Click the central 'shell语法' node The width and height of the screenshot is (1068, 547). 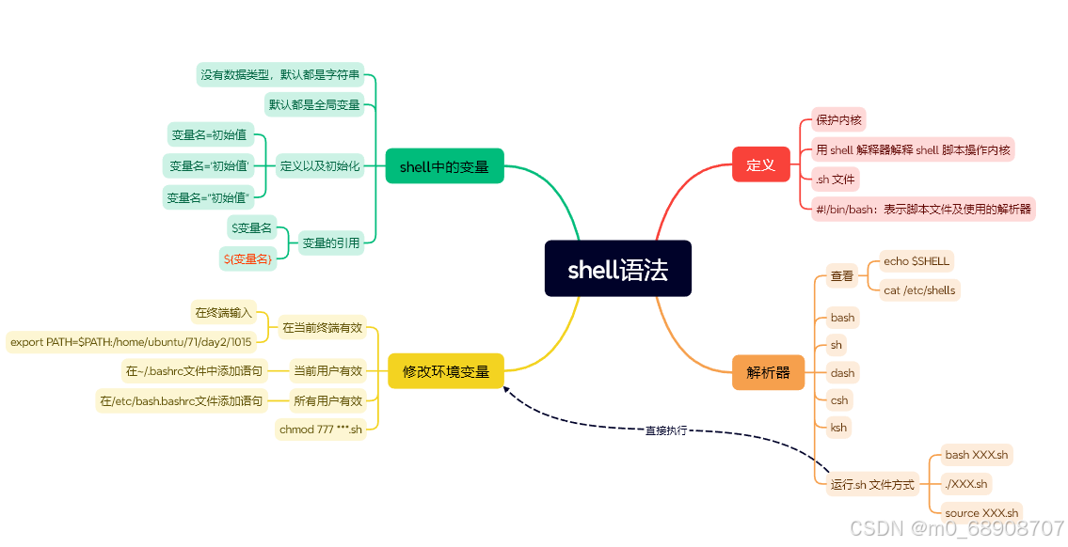[617, 270]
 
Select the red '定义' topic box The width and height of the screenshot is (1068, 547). [760, 165]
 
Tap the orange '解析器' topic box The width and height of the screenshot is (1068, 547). [768, 372]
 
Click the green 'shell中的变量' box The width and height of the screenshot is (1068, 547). [444, 166]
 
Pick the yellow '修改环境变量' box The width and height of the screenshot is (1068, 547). [446, 371]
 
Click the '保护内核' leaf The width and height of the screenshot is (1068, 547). [838, 119]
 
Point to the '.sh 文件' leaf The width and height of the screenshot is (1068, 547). [836, 179]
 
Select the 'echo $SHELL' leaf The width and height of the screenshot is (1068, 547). [916, 260]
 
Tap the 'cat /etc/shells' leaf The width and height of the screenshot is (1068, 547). [918, 290]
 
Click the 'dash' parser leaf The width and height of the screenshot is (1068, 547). [842, 373]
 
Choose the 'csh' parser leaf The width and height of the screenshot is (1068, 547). [838, 400]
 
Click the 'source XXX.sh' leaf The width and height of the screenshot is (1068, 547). [981, 512]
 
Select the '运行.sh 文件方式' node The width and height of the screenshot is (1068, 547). [871, 485]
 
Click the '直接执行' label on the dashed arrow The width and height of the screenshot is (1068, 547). [665, 430]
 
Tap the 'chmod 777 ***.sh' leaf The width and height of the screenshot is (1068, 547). [320, 430]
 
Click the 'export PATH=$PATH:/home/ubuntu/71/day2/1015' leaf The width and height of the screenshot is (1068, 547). [131, 342]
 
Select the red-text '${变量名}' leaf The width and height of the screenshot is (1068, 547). [247, 258]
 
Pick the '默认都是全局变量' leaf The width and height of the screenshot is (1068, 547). [314, 104]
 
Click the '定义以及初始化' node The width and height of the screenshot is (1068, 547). [319, 166]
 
